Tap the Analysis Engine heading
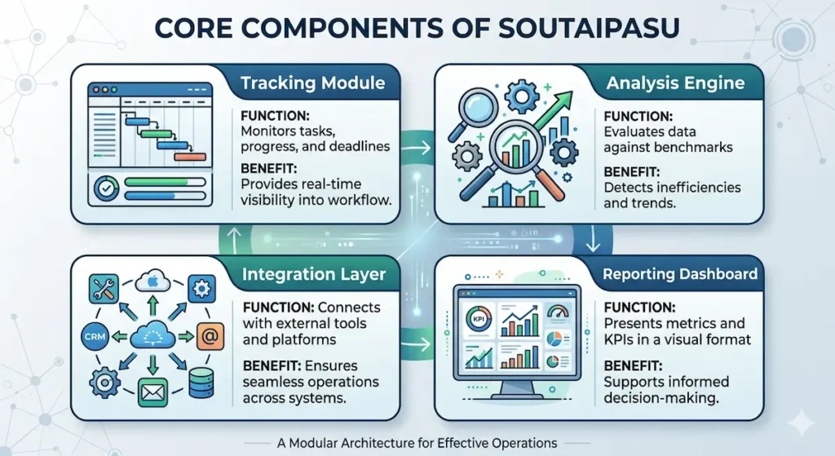(676, 83)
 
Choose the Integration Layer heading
(314, 275)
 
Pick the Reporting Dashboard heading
(680, 275)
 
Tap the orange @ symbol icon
(207, 334)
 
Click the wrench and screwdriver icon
(105, 287)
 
